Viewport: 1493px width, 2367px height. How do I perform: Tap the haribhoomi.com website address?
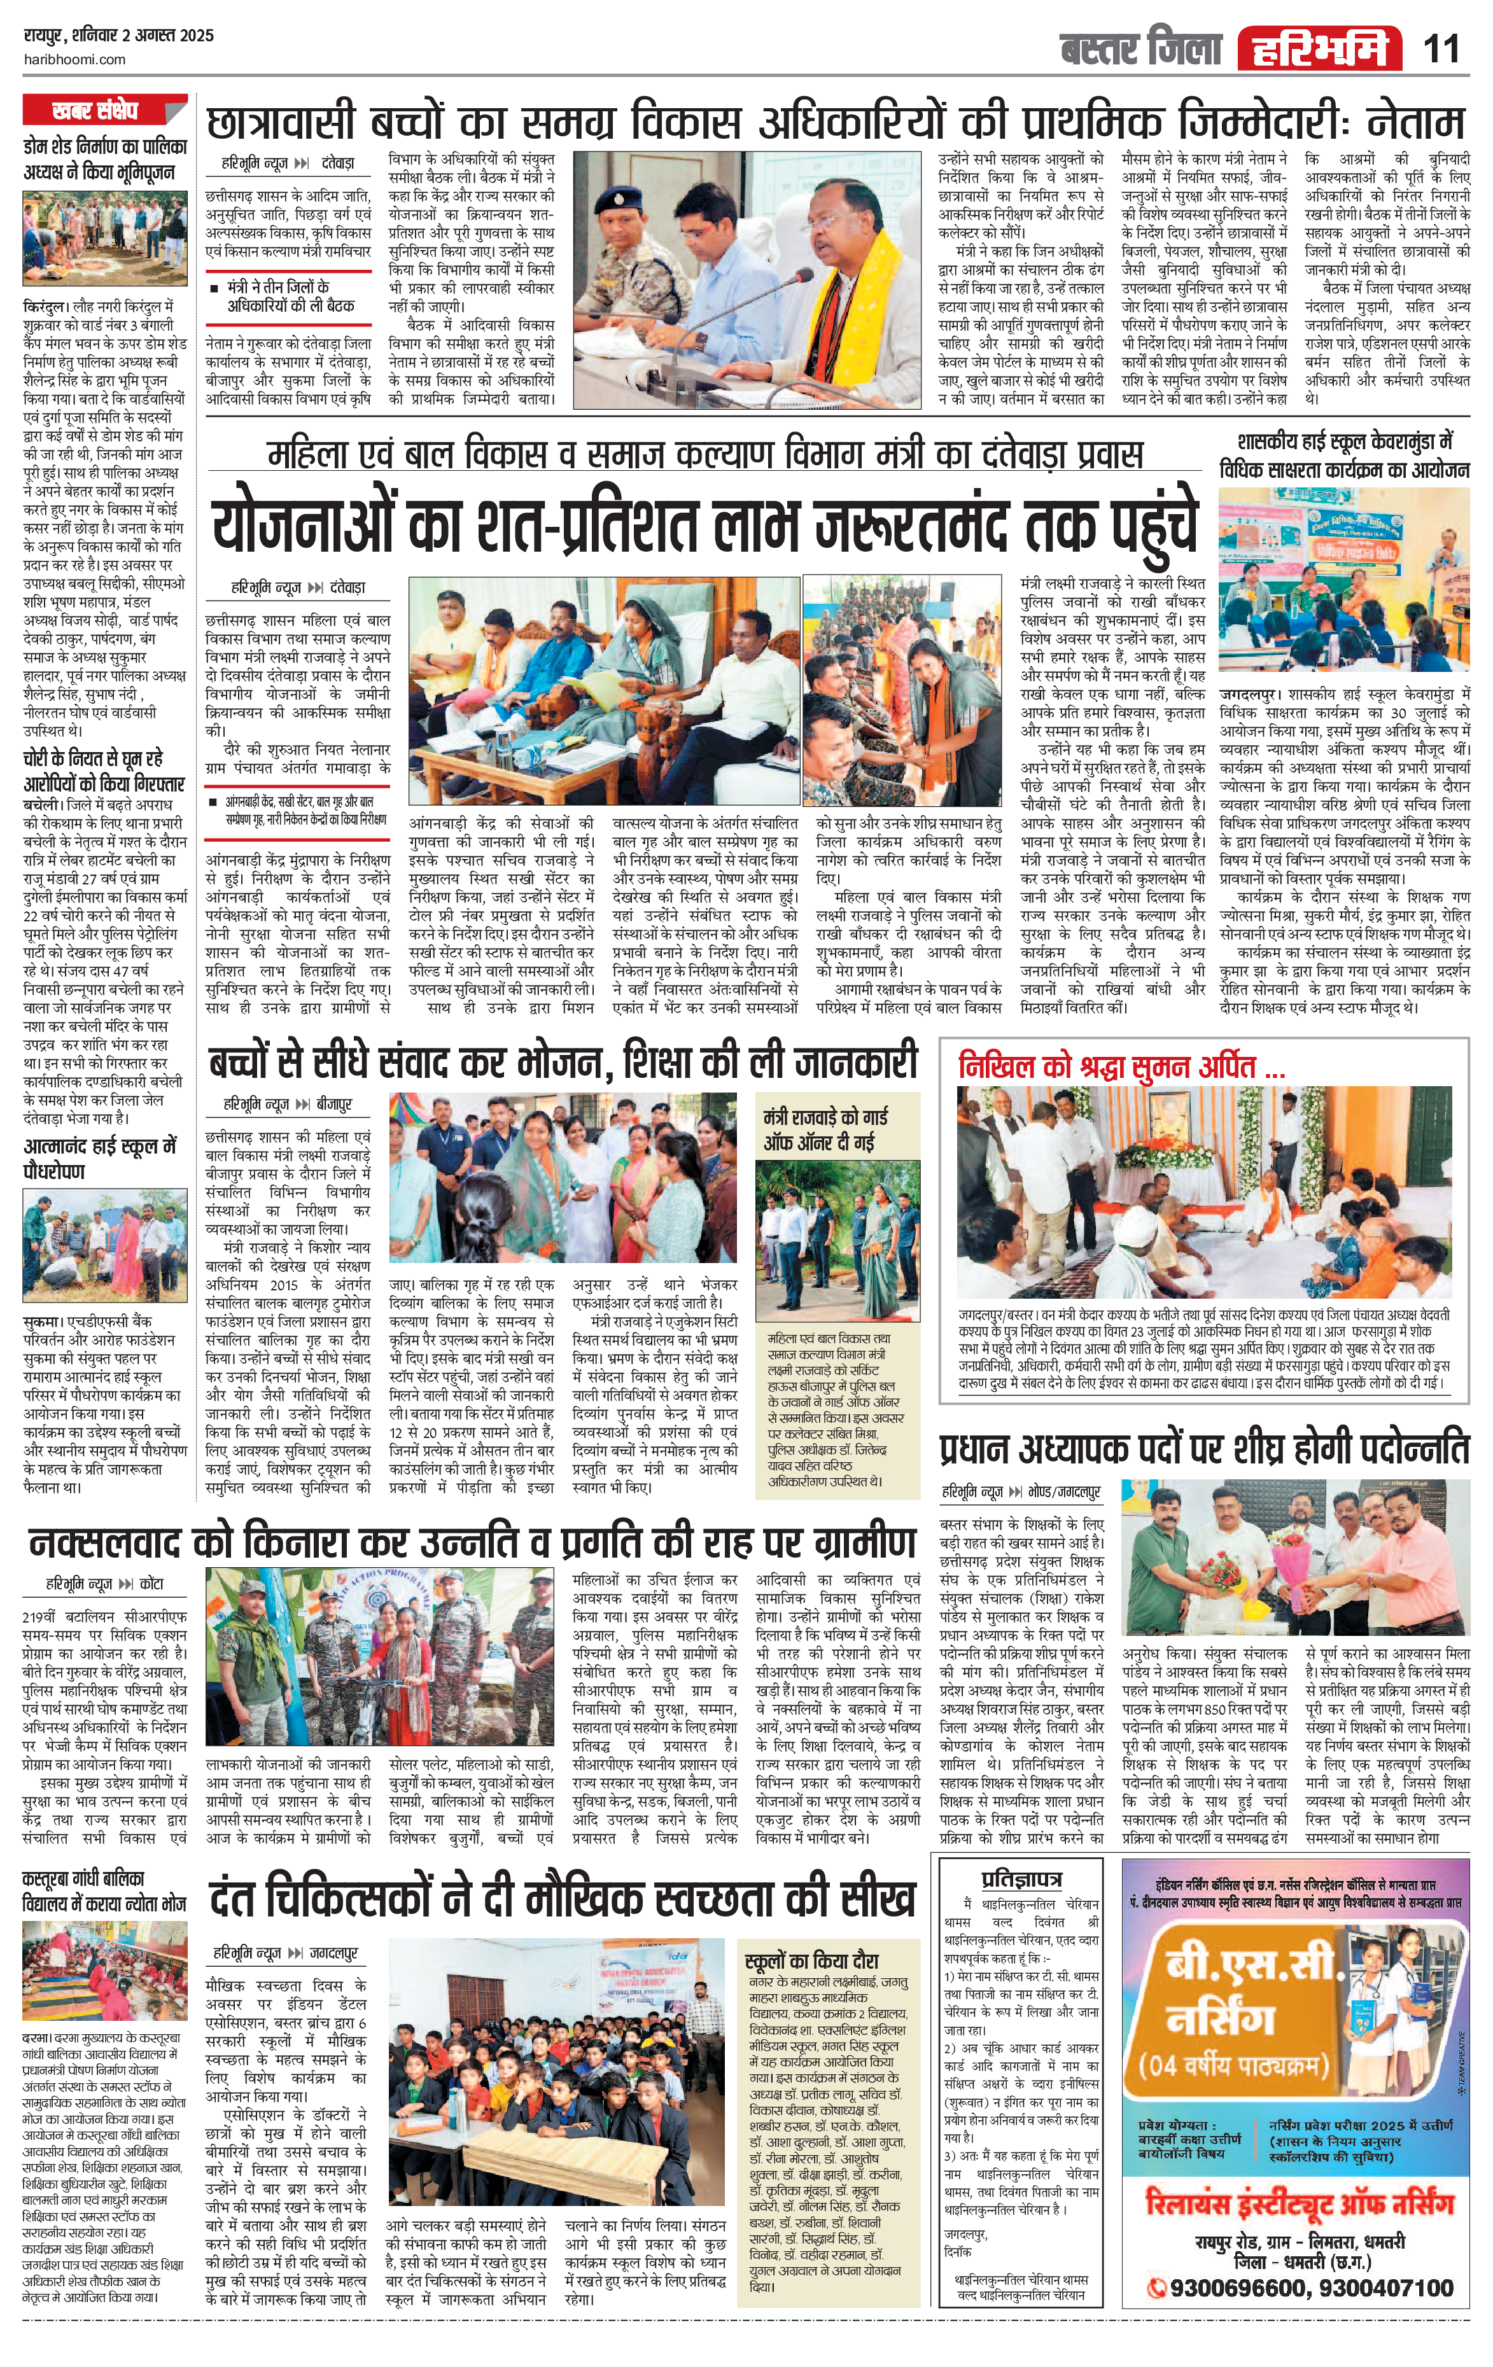tap(74, 59)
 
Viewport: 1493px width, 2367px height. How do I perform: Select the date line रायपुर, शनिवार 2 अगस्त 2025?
tap(118, 36)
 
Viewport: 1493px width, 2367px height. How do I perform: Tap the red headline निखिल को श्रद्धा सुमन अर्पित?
tap(1121, 1066)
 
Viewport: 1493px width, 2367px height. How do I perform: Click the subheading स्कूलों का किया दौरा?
tap(812, 1960)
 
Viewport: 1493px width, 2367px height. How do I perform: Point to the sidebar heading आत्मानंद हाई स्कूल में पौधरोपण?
tap(101, 1158)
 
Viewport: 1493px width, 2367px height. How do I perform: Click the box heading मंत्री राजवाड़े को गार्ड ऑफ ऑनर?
tap(825, 1129)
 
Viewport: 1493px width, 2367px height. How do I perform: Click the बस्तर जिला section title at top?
tap(1140, 48)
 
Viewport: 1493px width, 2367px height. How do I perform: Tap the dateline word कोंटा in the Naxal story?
tap(151, 1584)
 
